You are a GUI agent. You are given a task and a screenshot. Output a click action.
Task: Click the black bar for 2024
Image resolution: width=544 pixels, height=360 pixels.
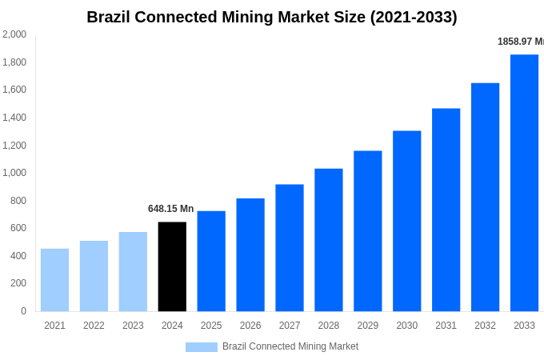tap(172, 266)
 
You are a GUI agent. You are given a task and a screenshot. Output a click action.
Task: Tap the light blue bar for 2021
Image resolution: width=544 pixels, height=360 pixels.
tap(54, 280)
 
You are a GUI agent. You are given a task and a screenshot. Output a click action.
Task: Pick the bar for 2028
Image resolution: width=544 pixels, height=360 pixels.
tap(328, 240)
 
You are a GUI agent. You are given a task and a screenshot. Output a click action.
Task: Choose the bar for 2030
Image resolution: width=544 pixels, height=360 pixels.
tap(406, 221)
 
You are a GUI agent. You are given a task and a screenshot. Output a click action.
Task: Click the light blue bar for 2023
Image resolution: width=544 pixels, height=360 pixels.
tap(133, 271)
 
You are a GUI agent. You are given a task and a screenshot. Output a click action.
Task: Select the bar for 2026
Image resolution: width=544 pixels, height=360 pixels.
tap(250, 254)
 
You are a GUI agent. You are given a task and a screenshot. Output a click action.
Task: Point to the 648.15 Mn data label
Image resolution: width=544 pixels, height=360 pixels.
tap(170, 209)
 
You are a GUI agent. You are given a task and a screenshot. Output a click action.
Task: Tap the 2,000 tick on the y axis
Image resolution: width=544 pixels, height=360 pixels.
tap(14, 34)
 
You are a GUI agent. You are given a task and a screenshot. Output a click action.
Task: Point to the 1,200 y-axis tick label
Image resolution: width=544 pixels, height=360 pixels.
tap(14, 146)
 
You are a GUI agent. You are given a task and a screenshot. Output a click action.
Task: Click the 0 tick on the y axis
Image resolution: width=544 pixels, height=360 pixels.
tap(23, 311)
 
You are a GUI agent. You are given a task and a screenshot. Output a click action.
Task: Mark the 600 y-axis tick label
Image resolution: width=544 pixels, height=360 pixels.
tap(18, 228)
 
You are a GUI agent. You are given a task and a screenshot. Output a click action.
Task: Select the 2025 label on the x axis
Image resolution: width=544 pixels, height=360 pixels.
tap(211, 326)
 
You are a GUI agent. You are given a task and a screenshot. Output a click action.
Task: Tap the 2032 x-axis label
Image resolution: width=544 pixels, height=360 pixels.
tap(485, 326)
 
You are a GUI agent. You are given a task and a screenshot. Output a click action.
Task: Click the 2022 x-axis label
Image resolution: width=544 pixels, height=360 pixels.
tap(94, 326)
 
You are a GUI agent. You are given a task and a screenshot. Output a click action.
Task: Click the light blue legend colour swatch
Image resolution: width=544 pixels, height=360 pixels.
tap(201, 347)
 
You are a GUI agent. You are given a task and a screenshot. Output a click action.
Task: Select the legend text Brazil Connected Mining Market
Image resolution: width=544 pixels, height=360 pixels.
tap(290, 346)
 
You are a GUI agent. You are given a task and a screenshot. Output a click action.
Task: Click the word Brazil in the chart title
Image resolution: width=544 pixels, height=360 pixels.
tap(111, 17)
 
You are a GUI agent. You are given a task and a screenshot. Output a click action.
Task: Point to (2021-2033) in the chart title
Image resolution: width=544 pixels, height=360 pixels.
tap(414, 17)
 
